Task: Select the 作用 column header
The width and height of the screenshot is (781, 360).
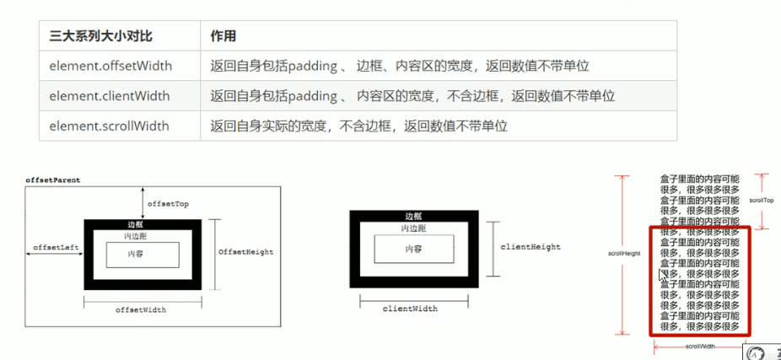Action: click(x=224, y=36)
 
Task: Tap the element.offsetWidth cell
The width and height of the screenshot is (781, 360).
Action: click(x=109, y=66)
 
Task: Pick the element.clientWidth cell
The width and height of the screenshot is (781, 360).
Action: click(x=109, y=96)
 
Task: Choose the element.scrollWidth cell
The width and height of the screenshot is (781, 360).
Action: click(x=109, y=126)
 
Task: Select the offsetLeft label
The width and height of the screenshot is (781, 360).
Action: click(x=56, y=247)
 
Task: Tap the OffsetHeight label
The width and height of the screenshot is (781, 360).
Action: click(x=245, y=251)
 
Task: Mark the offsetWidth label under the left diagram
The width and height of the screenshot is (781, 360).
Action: click(x=141, y=310)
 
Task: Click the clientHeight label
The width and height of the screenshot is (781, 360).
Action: click(x=531, y=247)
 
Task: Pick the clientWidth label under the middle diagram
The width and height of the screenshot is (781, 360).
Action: click(x=410, y=309)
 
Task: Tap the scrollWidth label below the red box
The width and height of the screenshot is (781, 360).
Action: click(x=699, y=346)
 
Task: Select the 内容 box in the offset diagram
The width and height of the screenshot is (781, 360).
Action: click(x=141, y=254)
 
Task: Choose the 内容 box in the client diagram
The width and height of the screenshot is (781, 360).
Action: click(x=412, y=248)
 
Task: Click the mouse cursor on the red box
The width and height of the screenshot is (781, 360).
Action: click(x=662, y=274)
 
